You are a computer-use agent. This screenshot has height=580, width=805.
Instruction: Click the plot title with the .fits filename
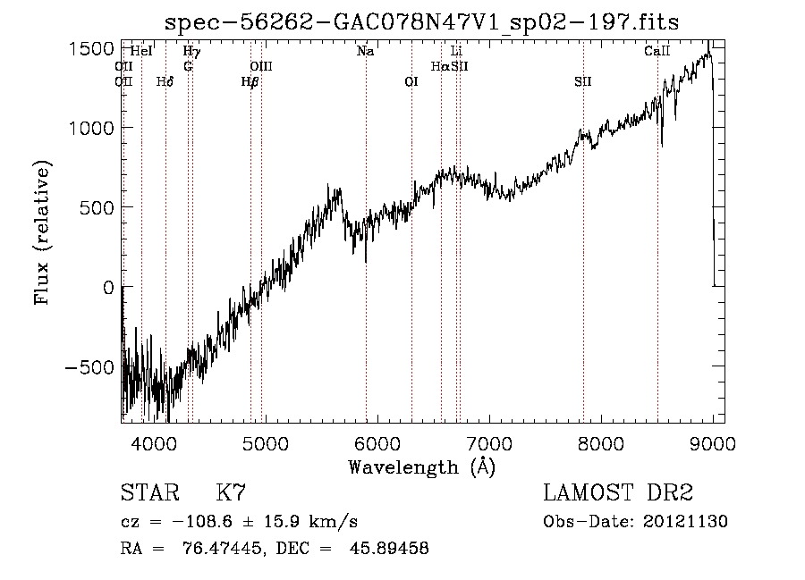(421, 22)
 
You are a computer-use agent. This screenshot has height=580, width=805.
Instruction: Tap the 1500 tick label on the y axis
(91, 49)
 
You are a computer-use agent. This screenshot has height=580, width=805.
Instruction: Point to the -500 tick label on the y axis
(89, 367)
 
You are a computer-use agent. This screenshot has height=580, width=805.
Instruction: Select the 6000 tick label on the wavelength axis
(377, 443)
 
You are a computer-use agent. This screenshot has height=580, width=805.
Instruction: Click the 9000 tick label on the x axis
(712, 443)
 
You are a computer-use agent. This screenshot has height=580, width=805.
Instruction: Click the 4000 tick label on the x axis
(154, 443)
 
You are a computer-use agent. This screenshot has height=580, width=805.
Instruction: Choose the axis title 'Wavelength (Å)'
(421, 467)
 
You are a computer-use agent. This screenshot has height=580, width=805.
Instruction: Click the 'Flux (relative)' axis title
(42, 232)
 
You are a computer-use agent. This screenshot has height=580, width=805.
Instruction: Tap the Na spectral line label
(365, 51)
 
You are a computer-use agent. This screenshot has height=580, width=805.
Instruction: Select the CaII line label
(657, 51)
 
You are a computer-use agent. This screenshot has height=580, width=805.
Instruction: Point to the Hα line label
(440, 66)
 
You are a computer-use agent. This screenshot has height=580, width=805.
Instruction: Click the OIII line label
(261, 66)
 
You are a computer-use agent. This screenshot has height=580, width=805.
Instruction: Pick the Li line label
(456, 51)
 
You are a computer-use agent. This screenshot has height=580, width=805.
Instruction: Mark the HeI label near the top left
(141, 51)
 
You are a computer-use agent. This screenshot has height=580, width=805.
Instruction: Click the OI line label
(411, 81)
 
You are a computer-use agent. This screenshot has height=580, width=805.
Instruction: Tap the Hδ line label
(165, 81)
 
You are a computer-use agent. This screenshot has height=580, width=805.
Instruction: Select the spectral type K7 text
(231, 492)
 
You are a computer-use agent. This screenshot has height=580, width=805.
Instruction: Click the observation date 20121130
(685, 522)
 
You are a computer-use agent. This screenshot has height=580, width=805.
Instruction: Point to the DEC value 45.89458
(389, 548)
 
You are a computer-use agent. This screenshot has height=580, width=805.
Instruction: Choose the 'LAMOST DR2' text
(618, 492)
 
